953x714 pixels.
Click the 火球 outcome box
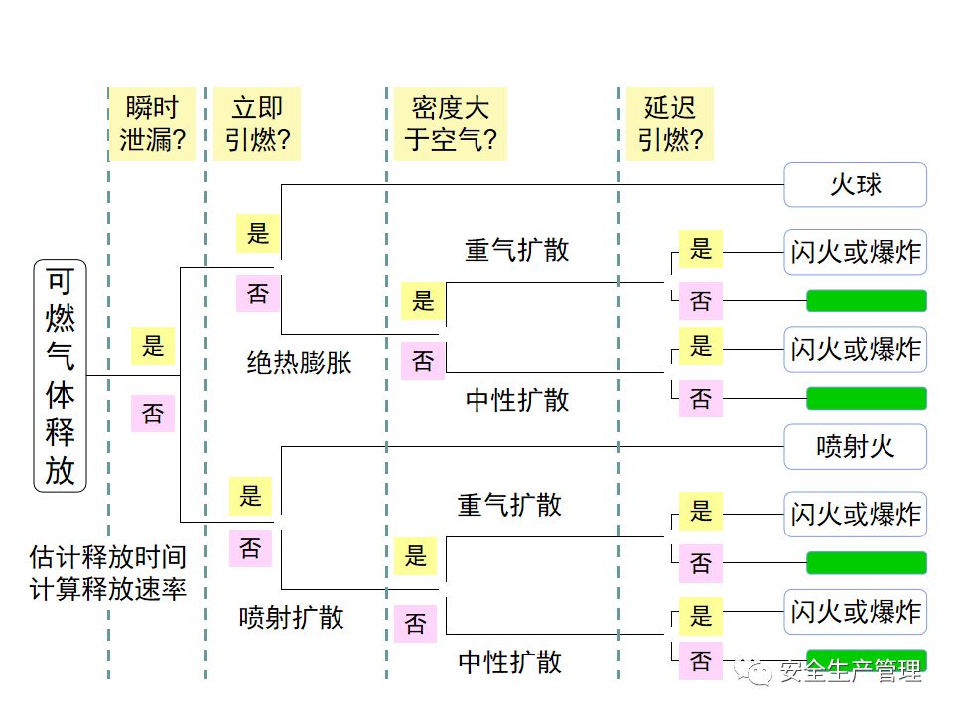click(855, 185)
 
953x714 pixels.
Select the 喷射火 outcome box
click(855, 447)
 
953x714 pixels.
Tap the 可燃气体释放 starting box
click(61, 376)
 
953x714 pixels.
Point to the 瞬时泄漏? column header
click(153, 124)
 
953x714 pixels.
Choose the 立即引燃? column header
click(257, 124)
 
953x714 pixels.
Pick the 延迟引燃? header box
click(670, 124)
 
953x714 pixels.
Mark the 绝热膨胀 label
click(299, 363)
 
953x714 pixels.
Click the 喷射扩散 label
click(292, 617)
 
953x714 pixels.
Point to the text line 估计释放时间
click(108, 557)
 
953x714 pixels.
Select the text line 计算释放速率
click(108, 589)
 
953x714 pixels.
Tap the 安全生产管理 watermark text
click(852, 672)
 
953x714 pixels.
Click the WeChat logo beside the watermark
click(761, 673)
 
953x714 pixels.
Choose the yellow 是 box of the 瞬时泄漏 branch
click(153, 346)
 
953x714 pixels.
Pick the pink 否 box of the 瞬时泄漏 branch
click(153, 413)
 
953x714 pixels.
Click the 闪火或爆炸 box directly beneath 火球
click(855, 252)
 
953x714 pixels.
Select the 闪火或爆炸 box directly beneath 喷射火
click(855, 514)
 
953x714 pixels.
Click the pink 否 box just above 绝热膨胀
click(258, 294)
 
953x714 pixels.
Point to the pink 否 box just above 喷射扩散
click(251, 547)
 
